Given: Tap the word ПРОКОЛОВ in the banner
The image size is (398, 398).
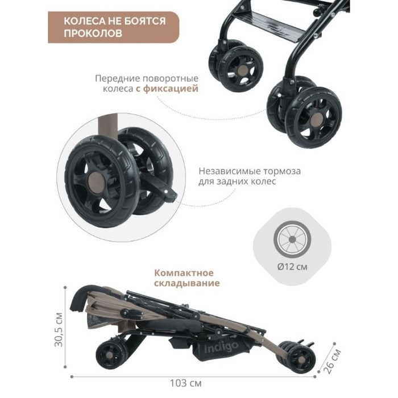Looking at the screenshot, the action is pyautogui.click(x=93, y=33).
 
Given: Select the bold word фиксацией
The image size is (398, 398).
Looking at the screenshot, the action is pyautogui.click(x=171, y=89).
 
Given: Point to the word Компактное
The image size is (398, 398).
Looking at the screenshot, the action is pyautogui.click(x=184, y=273).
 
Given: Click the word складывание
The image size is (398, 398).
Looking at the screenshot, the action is pyautogui.click(x=187, y=283).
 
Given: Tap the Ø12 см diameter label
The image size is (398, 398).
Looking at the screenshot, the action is pyautogui.click(x=292, y=267).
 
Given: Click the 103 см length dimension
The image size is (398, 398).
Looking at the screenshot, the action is pyautogui.click(x=185, y=383).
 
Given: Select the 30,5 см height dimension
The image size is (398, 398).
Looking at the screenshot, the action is pyautogui.click(x=59, y=329).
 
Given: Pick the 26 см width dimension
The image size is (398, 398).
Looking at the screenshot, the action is pyautogui.click(x=333, y=361).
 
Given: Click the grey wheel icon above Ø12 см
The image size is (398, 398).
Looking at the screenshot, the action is pyautogui.click(x=292, y=239).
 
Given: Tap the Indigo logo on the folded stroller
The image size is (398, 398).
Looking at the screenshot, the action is pyautogui.click(x=221, y=347).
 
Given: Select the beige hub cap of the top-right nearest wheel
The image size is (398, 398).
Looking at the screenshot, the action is pyautogui.click(x=317, y=119).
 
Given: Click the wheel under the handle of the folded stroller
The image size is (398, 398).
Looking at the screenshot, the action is pyautogui.click(x=111, y=354).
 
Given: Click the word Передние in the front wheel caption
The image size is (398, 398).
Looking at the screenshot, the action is pyautogui.click(x=117, y=78).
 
